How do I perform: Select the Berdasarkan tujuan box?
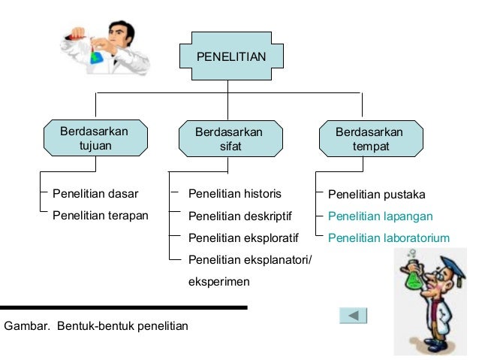(x=95, y=138)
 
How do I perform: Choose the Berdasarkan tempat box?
(x=369, y=139)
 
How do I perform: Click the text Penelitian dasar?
(x=95, y=193)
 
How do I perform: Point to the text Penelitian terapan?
(x=101, y=216)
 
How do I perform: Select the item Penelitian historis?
(x=234, y=193)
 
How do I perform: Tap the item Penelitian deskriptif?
(x=239, y=216)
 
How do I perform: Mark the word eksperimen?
(x=219, y=282)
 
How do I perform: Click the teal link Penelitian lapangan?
(x=381, y=216)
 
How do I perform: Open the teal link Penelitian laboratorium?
(x=389, y=238)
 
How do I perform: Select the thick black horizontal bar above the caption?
(x=124, y=307)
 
